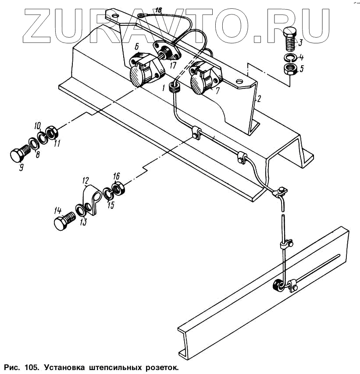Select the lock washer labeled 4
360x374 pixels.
[x=290, y=58]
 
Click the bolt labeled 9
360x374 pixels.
[x=19, y=155]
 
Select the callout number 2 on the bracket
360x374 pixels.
[x=259, y=99]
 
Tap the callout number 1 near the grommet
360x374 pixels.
[x=164, y=88]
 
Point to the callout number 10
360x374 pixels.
[x=37, y=126]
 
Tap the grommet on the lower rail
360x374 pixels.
[x=278, y=286]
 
